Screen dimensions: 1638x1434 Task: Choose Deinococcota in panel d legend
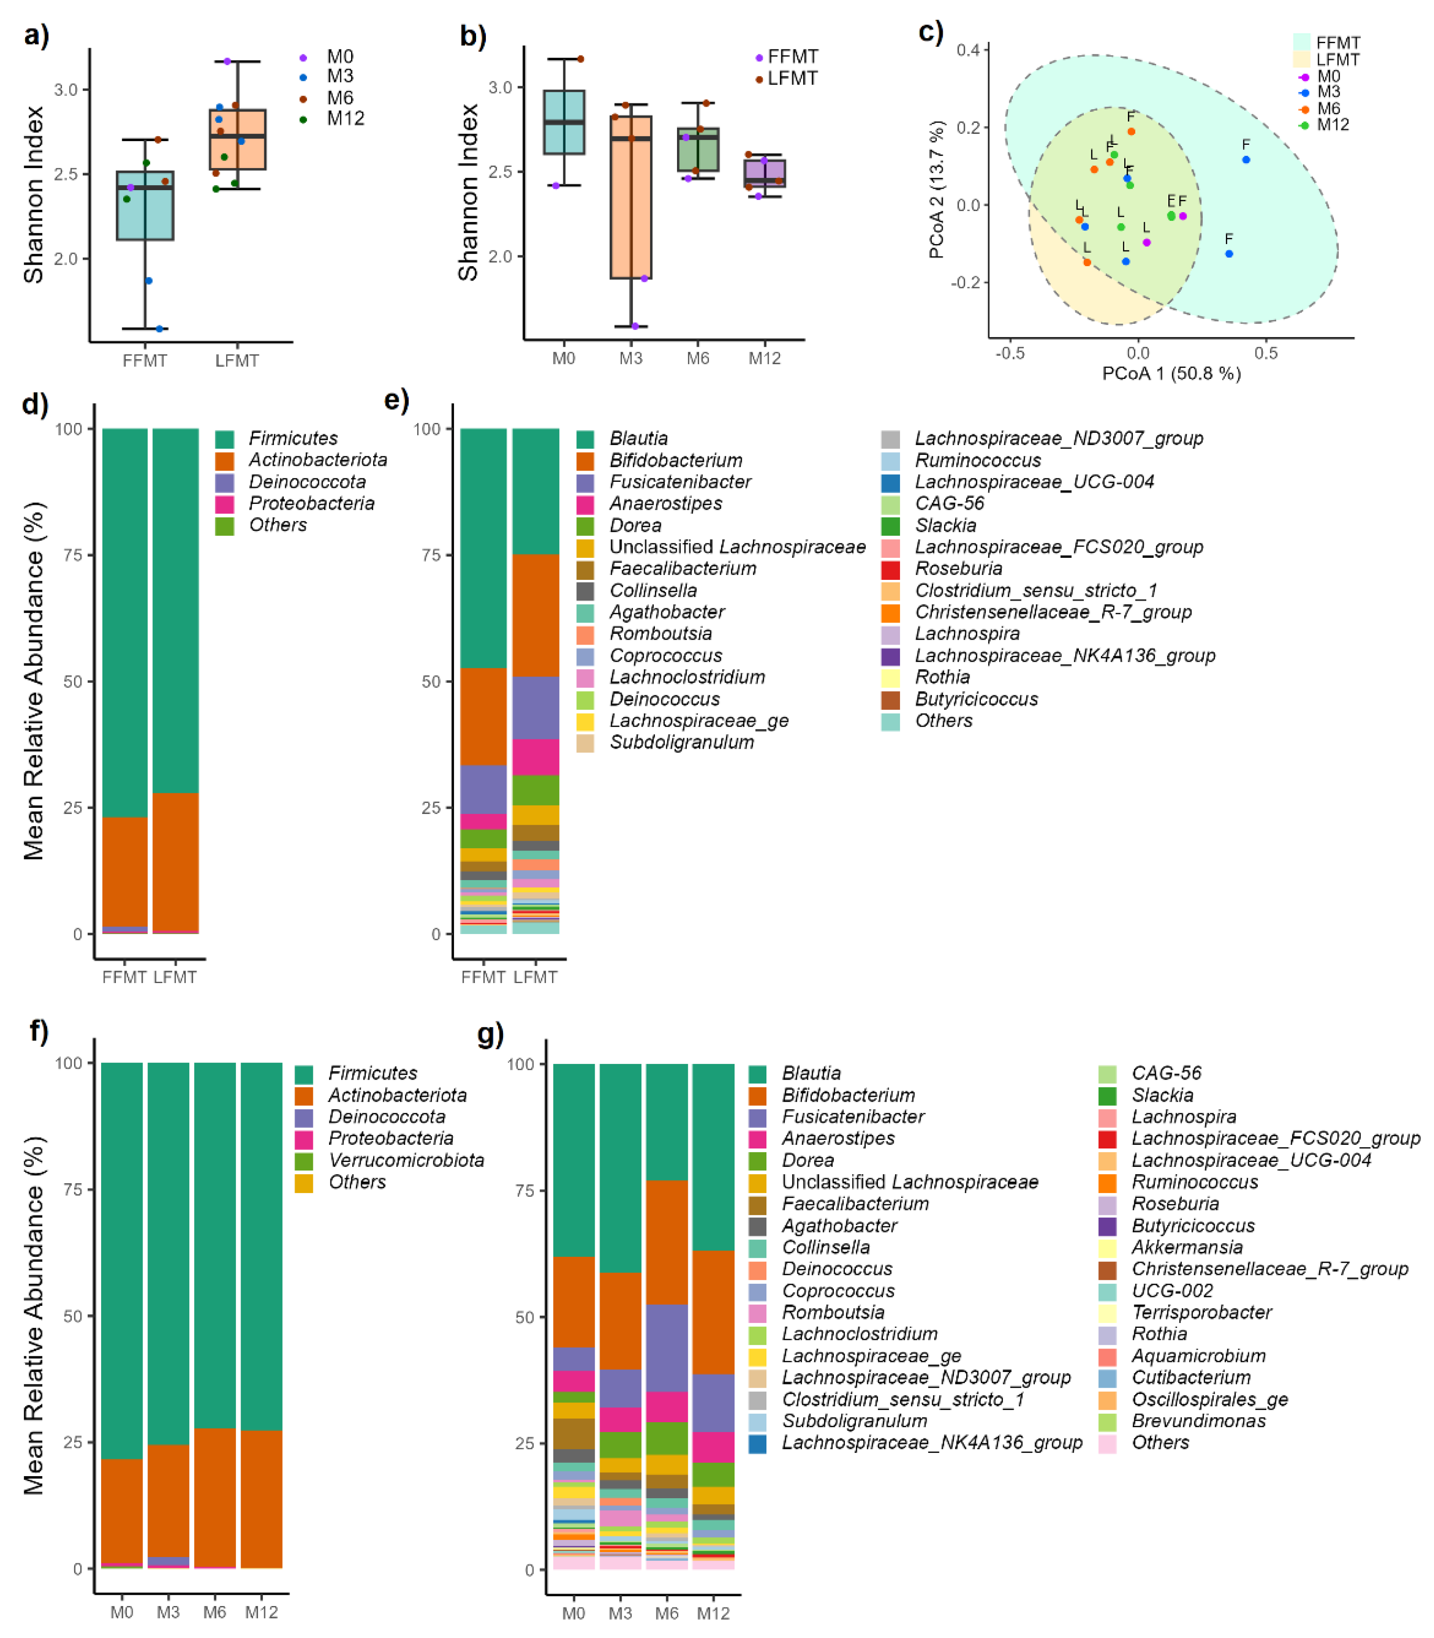click(307, 482)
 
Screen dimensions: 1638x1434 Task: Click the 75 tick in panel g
click(525, 1191)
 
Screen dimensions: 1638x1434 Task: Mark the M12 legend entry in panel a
click(345, 118)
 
